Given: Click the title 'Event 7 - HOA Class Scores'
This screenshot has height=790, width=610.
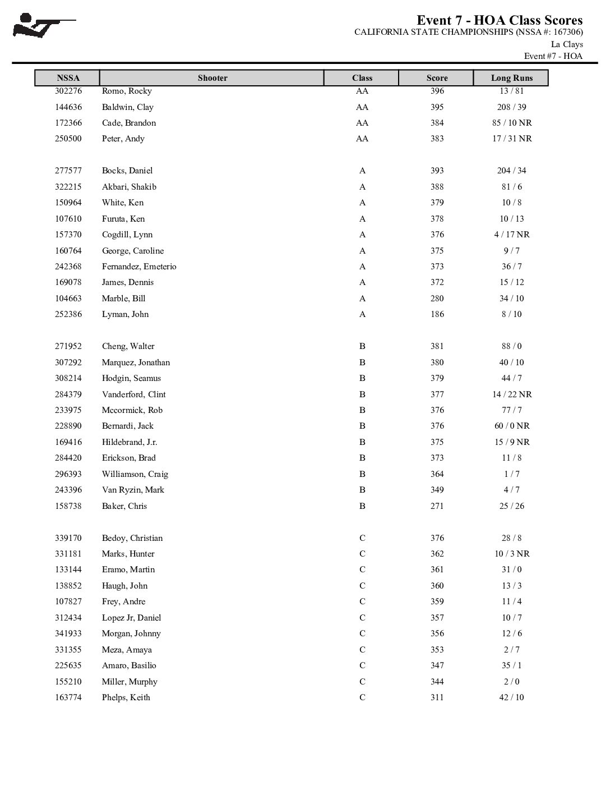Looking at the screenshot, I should click(500, 21).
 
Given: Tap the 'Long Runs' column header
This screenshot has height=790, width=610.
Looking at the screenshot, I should click(511, 78).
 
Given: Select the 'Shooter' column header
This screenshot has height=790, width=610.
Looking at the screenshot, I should click(212, 78).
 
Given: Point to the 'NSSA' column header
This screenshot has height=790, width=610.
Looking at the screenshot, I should click(68, 78).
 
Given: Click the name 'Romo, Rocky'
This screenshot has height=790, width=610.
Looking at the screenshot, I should click(127, 91).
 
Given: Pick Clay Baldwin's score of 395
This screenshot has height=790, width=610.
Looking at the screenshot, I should click(437, 107).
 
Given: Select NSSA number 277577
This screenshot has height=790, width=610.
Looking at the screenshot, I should click(68, 171).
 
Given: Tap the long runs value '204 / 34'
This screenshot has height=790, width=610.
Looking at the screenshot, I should click(511, 171).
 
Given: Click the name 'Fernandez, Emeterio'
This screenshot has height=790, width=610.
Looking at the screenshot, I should click(139, 267).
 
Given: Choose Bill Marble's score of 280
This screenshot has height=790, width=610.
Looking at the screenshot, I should click(437, 298).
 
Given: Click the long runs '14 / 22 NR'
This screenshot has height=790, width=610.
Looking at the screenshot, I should click(511, 394).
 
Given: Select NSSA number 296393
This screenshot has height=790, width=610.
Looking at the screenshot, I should click(68, 474).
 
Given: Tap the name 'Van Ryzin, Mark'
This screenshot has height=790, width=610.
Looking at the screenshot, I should click(133, 490).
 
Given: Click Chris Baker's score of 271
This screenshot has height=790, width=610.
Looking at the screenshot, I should click(437, 506).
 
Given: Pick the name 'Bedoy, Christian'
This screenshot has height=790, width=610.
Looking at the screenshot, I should click(132, 538).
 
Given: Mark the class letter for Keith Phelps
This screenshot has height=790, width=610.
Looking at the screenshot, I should click(362, 697).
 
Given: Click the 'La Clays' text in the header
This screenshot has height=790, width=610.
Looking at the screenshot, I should click(567, 44).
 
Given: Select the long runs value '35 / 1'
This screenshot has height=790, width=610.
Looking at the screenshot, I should click(511, 665).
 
